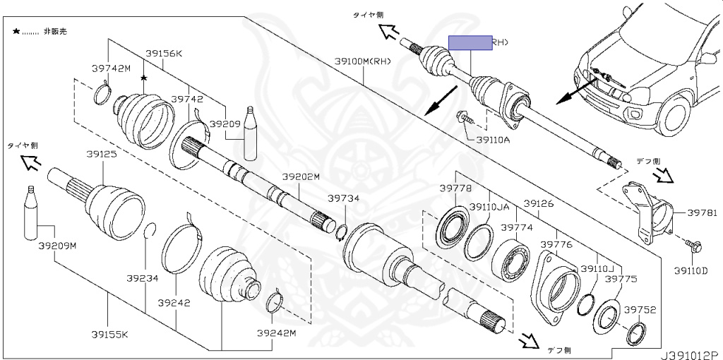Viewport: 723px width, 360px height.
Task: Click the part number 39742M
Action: (x=112, y=68)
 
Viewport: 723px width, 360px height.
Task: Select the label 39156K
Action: (x=165, y=53)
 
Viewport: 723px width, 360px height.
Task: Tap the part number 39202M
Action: (x=301, y=176)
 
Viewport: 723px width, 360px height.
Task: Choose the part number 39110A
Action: (x=493, y=140)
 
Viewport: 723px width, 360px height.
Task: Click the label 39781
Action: (x=702, y=212)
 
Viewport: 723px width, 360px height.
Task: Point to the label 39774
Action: (x=517, y=227)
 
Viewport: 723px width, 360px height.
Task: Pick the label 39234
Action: (x=143, y=278)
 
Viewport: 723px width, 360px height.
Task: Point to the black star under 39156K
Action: (x=143, y=78)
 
